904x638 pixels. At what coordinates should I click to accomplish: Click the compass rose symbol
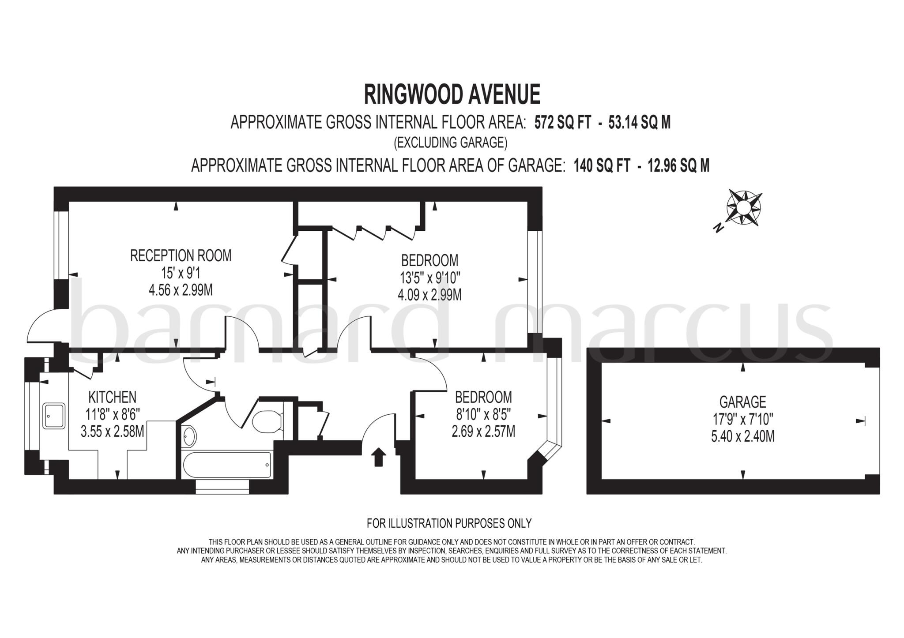tap(744, 207)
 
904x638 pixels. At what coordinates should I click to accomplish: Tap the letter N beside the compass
tap(718, 228)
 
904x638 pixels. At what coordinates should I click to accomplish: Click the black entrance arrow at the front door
tap(378, 457)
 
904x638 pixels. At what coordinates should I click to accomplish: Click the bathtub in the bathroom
tap(226, 465)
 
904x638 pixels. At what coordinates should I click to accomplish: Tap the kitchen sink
tap(54, 416)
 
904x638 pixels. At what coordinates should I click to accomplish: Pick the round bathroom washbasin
tap(188, 436)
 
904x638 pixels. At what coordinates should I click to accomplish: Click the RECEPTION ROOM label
tap(181, 255)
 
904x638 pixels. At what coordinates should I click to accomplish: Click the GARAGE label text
tap(742, 402)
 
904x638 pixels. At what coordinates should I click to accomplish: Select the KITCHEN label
tap(112, 397)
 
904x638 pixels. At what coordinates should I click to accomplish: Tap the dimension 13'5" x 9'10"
tap(430, 278)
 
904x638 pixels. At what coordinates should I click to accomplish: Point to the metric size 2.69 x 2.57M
tap(483, 431)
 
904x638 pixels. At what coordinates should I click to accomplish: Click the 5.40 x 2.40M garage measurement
tap(742, 437)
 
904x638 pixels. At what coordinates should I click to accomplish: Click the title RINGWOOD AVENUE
tap(452, 94)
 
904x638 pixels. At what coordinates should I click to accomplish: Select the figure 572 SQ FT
tap(562, 123)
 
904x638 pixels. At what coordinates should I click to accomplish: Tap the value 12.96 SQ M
tap(678, 166)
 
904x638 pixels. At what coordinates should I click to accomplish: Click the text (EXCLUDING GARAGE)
tap(450, 143)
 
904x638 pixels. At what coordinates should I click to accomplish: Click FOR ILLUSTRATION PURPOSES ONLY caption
tap(449, 523)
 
